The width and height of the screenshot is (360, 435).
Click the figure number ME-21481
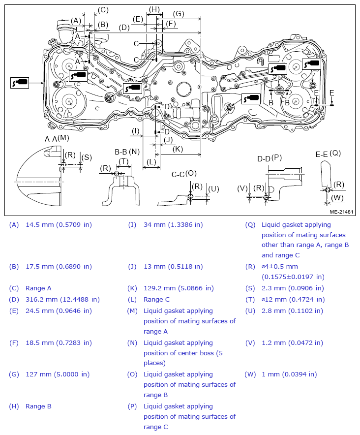pyautogui.click(x=342, y=212)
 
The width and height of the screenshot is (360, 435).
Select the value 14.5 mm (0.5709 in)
pyautogui.click(x=59, y=225)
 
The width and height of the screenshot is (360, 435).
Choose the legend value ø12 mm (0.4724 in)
pyautogui.click(x=293, y=299)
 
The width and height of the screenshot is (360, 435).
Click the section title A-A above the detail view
pyautogui.click(x=51, y=139)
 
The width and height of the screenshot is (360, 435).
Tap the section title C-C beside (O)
pyautogui.click(x=179, y=174)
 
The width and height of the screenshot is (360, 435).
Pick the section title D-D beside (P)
pyautogui.click(x=264, y=158)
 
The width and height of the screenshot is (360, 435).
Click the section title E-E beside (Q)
pyautogui.click(x=322, y=154)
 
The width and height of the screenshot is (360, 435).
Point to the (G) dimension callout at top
pyautogui.click(x=179, y=14)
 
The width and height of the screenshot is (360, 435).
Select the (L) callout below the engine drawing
pyautogui.click(x=151, y=161)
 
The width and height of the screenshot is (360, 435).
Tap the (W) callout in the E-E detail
pyautogui.click(x=337, y=198)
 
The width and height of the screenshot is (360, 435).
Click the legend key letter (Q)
pyautogui.click(x=250, y=225)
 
